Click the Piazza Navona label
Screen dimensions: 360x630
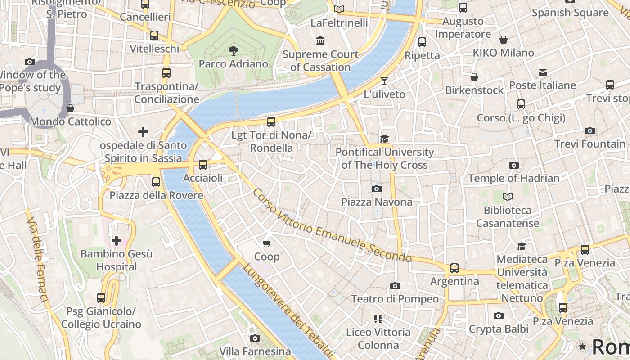coord(377,202)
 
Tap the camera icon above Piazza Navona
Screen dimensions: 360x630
coord(377,189)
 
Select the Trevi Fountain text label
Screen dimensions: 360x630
coord(589,144)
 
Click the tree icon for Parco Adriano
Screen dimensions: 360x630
coord(233,50)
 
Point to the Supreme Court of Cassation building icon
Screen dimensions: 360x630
coord(320,41)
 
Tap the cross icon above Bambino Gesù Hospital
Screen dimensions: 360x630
coord(117,241)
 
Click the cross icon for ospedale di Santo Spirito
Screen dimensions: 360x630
coord(143,132)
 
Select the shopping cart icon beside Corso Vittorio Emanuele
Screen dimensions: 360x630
coord(267,243)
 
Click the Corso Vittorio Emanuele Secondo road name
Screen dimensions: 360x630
coord(332,226)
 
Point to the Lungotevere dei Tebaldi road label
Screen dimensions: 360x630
coord(288,310)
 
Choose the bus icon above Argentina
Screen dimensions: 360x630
coord(454,268)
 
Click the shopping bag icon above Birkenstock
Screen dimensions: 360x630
coord(474,77)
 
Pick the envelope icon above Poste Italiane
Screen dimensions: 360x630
coord(542,72)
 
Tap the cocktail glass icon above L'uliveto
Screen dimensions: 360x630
coord(384,81)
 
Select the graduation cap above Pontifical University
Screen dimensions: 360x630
coord(384,139)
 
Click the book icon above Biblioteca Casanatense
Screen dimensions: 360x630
coord(508,197)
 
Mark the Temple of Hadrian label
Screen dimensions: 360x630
coord(513,178)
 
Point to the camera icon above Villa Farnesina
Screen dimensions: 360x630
coord(255,338)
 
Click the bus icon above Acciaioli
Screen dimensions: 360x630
coord(203,165)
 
